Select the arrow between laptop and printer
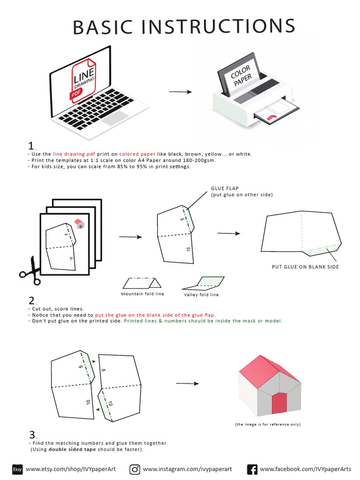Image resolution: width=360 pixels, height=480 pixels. coord(180,92)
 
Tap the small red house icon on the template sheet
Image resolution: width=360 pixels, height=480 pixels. coord(79,224)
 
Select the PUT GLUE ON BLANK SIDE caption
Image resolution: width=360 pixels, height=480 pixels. coord(305,267)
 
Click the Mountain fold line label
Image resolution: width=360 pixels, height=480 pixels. coord(142,294)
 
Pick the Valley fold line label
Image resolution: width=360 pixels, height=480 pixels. coord(201,294)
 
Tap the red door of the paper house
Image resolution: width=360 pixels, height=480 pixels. coord(279,402)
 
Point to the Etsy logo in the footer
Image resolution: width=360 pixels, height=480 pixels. coord(17,469)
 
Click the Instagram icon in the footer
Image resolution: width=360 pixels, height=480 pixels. coord(135,469)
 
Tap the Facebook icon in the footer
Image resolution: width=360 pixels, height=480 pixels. coord(252,469)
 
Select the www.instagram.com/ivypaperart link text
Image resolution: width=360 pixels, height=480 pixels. coord(187,469)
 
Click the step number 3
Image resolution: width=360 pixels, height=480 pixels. coord(32,435)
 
